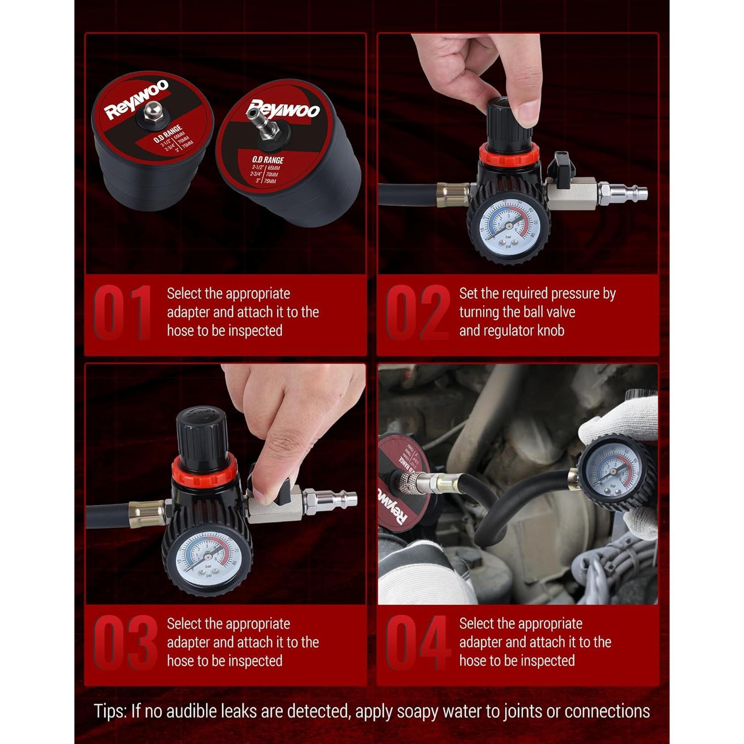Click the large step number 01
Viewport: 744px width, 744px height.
point(122,312)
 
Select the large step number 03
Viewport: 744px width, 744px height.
point(125,643)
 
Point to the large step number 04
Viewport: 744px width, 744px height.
point(417,643)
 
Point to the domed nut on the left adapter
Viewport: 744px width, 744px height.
point(152,111)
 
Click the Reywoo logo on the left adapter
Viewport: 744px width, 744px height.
point(136,100)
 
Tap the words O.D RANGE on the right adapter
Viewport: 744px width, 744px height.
point(267,160)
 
